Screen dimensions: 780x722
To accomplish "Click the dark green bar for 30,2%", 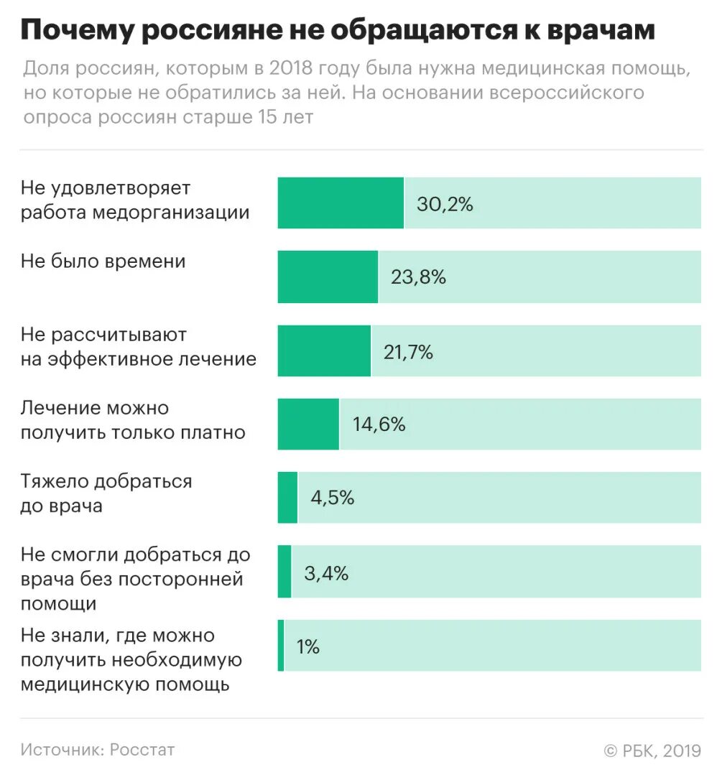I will point(341,203).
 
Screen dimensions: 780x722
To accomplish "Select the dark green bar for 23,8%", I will point(328,277).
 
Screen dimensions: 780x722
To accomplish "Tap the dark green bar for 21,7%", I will point(324,350).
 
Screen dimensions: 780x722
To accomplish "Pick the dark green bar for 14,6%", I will point(308,424).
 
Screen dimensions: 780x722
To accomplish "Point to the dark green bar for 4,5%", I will point(287,498).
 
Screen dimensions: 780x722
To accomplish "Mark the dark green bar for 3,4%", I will point(284,572).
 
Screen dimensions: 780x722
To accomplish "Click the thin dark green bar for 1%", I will point(281,646).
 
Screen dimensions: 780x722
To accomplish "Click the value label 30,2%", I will point(445,204).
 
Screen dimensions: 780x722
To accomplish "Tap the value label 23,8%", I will point(418,277).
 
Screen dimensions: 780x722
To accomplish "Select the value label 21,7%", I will point(409,351).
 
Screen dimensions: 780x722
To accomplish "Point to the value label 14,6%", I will point(379,424).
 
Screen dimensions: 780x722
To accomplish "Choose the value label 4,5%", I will point(332,498).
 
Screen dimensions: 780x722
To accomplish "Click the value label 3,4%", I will point(326,572).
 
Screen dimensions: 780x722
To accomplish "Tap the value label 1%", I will point(307,646).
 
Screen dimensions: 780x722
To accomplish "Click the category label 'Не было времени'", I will point(103,261).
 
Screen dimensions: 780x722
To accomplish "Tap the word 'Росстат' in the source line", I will point(142,750).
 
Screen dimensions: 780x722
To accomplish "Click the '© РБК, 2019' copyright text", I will point(652,751).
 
